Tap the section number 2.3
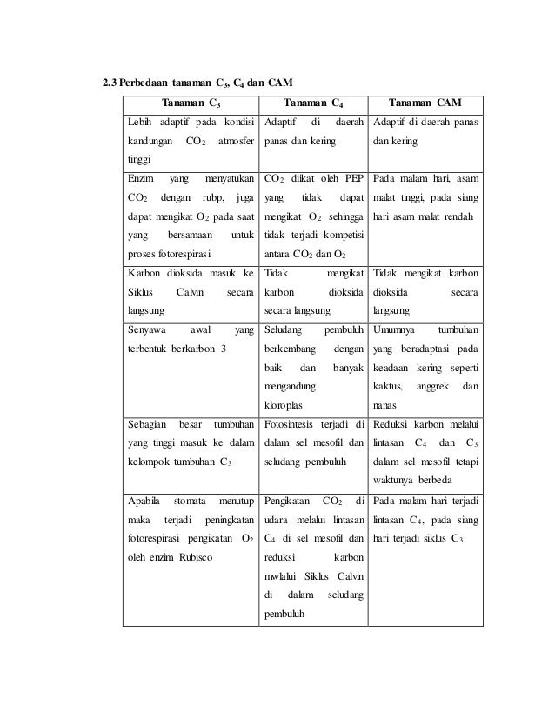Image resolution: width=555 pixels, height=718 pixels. point(109,83)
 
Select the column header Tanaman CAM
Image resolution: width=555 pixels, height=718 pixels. point(425,103)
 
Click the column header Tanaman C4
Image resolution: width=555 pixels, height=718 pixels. point(315,103)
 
